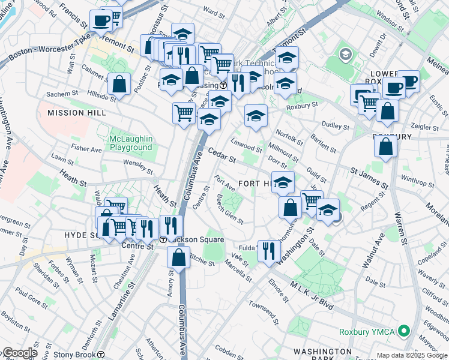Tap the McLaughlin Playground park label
coord(131,143)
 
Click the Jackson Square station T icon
coord(163,239)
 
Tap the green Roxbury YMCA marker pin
coord(404,330)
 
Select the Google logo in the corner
coord(19,353)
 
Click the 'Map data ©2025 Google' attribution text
coord(412,355)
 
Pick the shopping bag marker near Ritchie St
coord(179,257)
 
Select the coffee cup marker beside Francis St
coord(101,22)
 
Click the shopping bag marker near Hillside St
coord(119,84)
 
